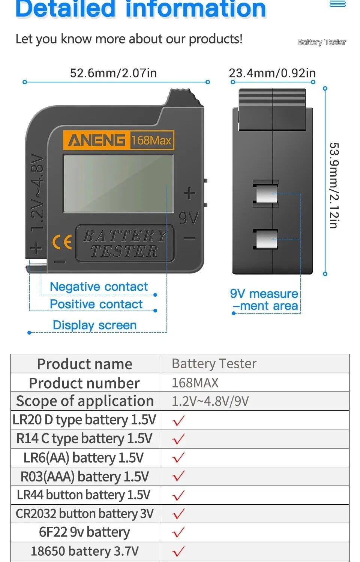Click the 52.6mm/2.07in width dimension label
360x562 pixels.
pos(113,73)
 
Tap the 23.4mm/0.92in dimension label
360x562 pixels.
pos(272,73)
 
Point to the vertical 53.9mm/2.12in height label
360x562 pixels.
pos(334,185)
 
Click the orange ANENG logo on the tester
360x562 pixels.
pos(96,140)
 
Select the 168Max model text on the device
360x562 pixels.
pos(151,140)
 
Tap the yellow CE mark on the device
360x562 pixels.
pos(62,242)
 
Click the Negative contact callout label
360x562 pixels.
pos(99,287)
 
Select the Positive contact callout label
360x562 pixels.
pos(96,304)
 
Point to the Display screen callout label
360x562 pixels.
pos(94,325)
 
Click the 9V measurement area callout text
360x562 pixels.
pos(264,300)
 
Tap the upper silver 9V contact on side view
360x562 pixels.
pos(266,194)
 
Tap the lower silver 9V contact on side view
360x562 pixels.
pos(266,239)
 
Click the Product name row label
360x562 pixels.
pos(85,364)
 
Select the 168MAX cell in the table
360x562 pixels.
pos(195,383)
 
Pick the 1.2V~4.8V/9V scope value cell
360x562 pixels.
pos(210,401)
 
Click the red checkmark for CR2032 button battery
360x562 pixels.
pos(178,514)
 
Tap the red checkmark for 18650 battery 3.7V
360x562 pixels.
pos(178,551)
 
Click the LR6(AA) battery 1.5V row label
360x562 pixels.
pos(84,457)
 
